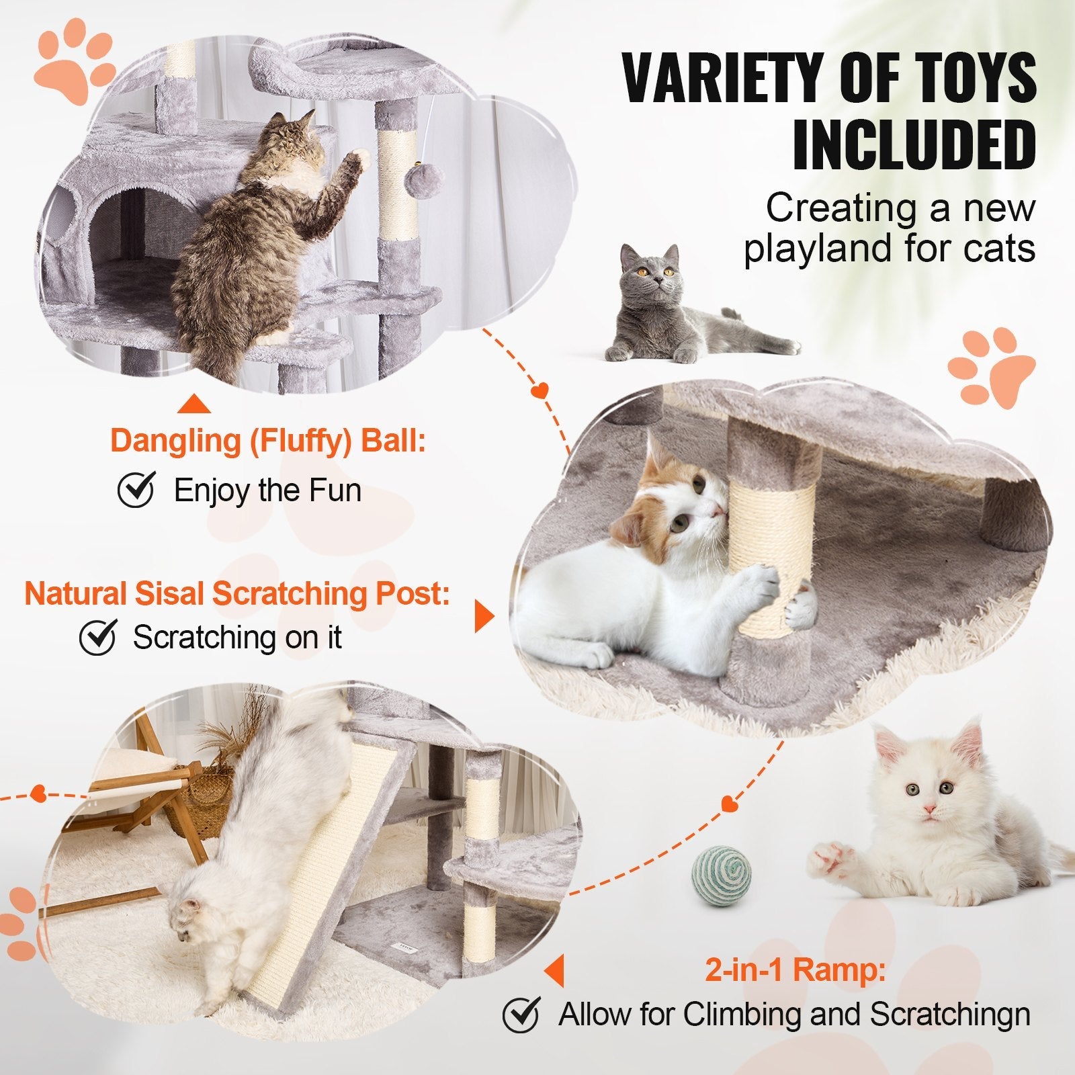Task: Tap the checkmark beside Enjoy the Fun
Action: click(136, 490)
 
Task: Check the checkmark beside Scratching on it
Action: click(98, 637)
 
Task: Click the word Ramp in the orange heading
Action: click(849, 970)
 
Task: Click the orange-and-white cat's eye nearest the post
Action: click(699, 484)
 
